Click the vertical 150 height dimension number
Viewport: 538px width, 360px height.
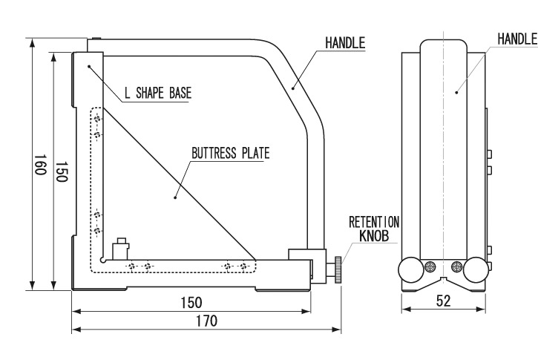tap(63, 171)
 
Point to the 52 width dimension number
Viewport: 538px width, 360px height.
tap(442, 303)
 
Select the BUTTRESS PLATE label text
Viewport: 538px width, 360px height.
tap(229, 154)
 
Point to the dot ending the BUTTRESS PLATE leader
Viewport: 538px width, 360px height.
tap(175, 197)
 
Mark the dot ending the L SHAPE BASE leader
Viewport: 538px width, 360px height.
tap(89, 67)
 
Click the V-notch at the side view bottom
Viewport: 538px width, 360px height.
tap(442, 281)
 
